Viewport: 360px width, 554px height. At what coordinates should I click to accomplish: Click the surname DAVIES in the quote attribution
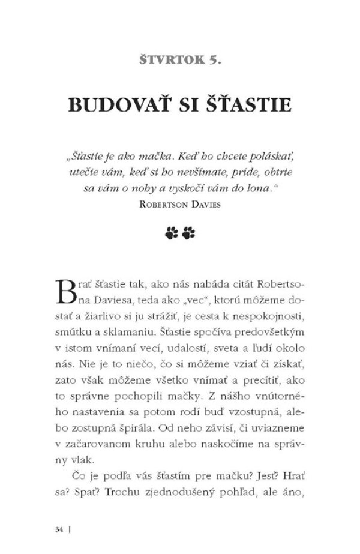[203, 203]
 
